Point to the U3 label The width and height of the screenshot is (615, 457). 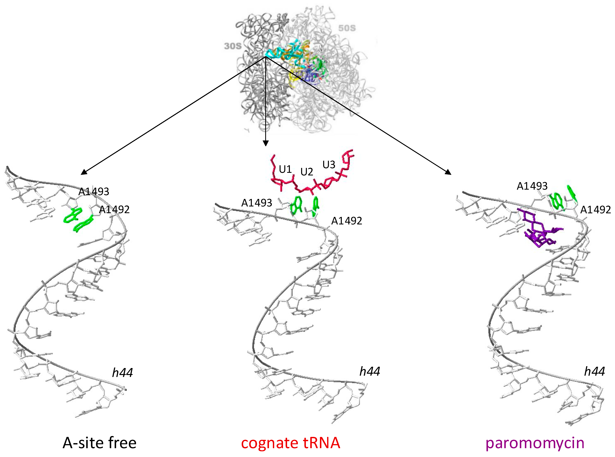(329, 165)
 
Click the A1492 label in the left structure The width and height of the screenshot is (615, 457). (114, 210)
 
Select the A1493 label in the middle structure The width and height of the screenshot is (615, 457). (256, 203)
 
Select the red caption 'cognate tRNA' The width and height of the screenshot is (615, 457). (290, 443)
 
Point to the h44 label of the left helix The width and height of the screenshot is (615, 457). (122, 373)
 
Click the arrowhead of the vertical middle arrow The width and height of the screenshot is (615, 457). (266, 143)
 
